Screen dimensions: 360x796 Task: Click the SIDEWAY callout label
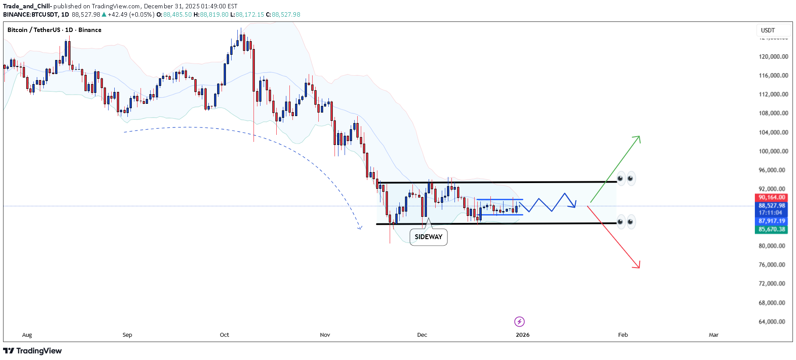point(428,237)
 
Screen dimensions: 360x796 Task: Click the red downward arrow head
point(638,266)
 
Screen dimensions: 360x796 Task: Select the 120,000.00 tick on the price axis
point(773,56)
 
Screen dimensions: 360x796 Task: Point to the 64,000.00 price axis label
point(773,321)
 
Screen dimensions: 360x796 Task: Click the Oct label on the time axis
point(224,335)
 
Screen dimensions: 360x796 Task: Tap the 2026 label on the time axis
point(522,335)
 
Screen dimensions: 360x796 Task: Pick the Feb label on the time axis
point(623,335)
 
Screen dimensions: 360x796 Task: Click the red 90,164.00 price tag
point(771,198)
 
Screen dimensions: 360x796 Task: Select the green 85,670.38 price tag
point(771,229)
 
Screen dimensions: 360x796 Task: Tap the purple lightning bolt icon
point(519,322)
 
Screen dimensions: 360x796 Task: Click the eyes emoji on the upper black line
point(626,178)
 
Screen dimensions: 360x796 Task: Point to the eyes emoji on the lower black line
point(626,222)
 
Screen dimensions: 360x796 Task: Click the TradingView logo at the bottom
point(33,351)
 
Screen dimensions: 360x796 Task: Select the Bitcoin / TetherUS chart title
point(54,30)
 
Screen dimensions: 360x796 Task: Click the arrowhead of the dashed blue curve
point(360,228)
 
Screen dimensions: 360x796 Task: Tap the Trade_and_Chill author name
point(27,6)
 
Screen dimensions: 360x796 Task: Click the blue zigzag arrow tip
point(575,206)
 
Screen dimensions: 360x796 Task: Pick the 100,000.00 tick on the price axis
point(773,151)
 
